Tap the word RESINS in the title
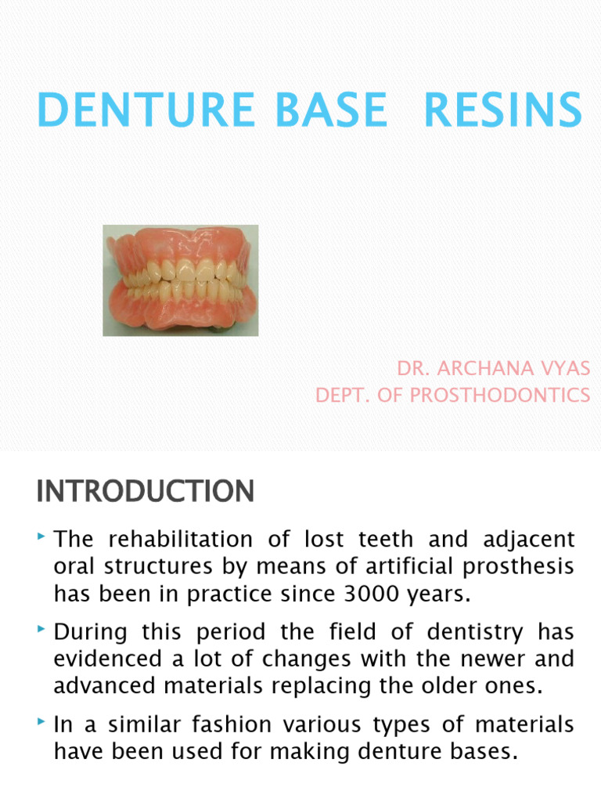click(502, 110)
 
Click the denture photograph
click(181, 280)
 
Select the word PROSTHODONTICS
click(500, 396)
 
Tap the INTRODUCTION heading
click(145, 492)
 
